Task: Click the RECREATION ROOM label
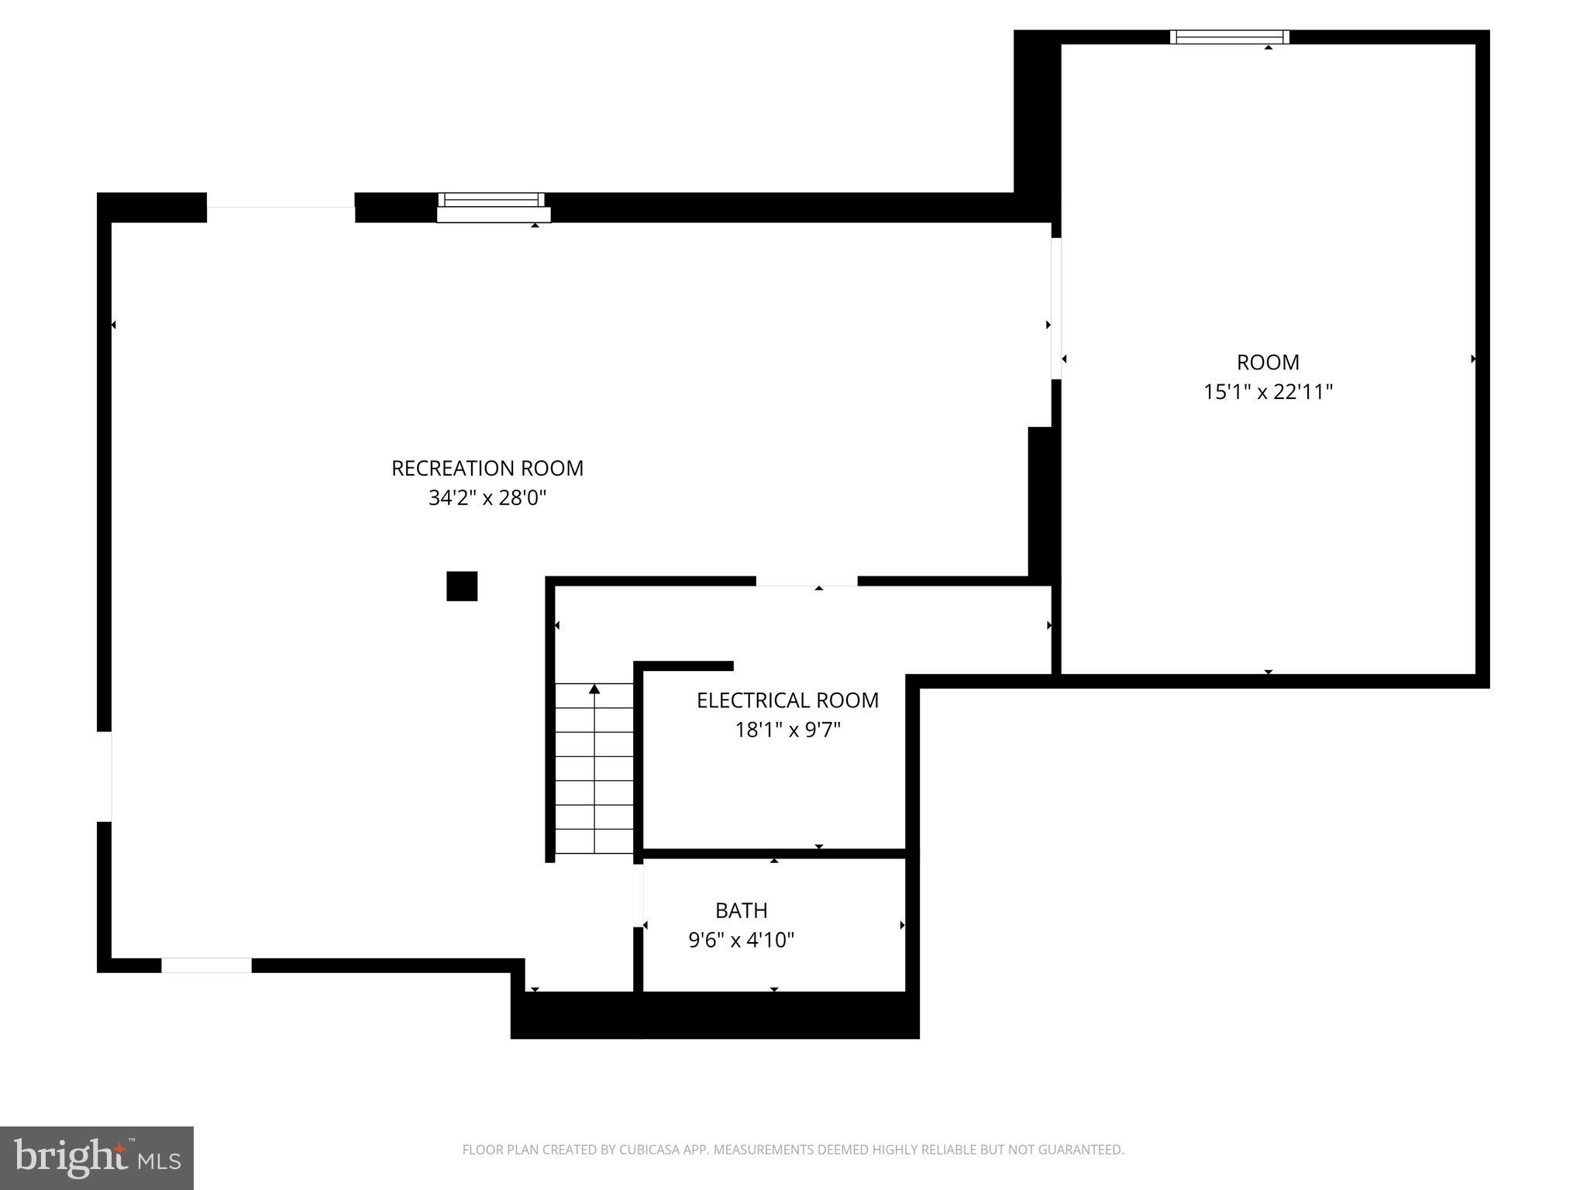[487, 468]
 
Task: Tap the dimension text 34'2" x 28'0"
[487, 497]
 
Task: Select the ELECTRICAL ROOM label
[787, 700]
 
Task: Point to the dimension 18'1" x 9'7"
[787, 730]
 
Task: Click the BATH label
[741, 910]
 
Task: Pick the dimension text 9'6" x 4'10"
[741, 940]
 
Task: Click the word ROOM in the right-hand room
[1268, 363]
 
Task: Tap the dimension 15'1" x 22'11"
[1268, 392]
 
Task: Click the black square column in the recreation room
[462, 586]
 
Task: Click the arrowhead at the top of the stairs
[594, 689]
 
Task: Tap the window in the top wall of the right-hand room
[1229, 36]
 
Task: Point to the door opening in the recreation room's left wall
[104, 776]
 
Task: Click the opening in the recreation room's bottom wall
[206, 965]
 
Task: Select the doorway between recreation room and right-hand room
[1055, 308]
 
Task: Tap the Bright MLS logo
[96, 1157]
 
